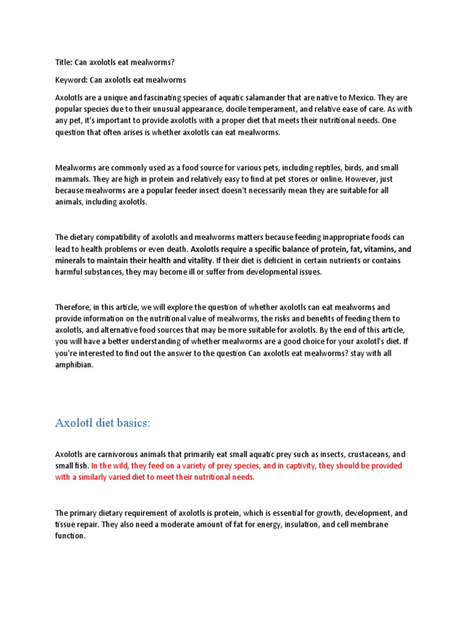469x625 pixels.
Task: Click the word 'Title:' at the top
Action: click(x=64, y=62)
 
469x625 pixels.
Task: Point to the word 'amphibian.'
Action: click(x=75, y=365)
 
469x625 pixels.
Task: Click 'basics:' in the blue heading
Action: click(x=128, y=424)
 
